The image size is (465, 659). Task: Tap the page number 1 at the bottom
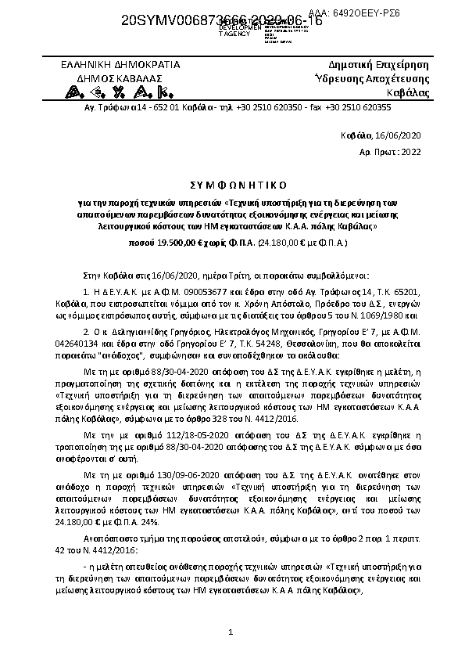(231, 631)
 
